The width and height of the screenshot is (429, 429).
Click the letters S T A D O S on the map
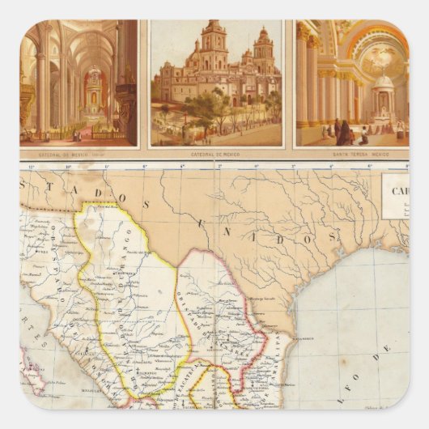(81, 193)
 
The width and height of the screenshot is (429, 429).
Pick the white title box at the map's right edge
(396, 198)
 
